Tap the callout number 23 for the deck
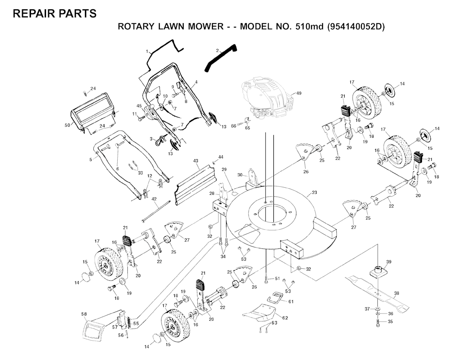[x=315, y=193]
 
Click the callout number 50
[x=67, y=125]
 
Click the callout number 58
[x=84, y=314]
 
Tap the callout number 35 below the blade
[x=390, y=321]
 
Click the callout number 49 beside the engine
[x=299, y=93]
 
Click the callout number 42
[x=154, y=199]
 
